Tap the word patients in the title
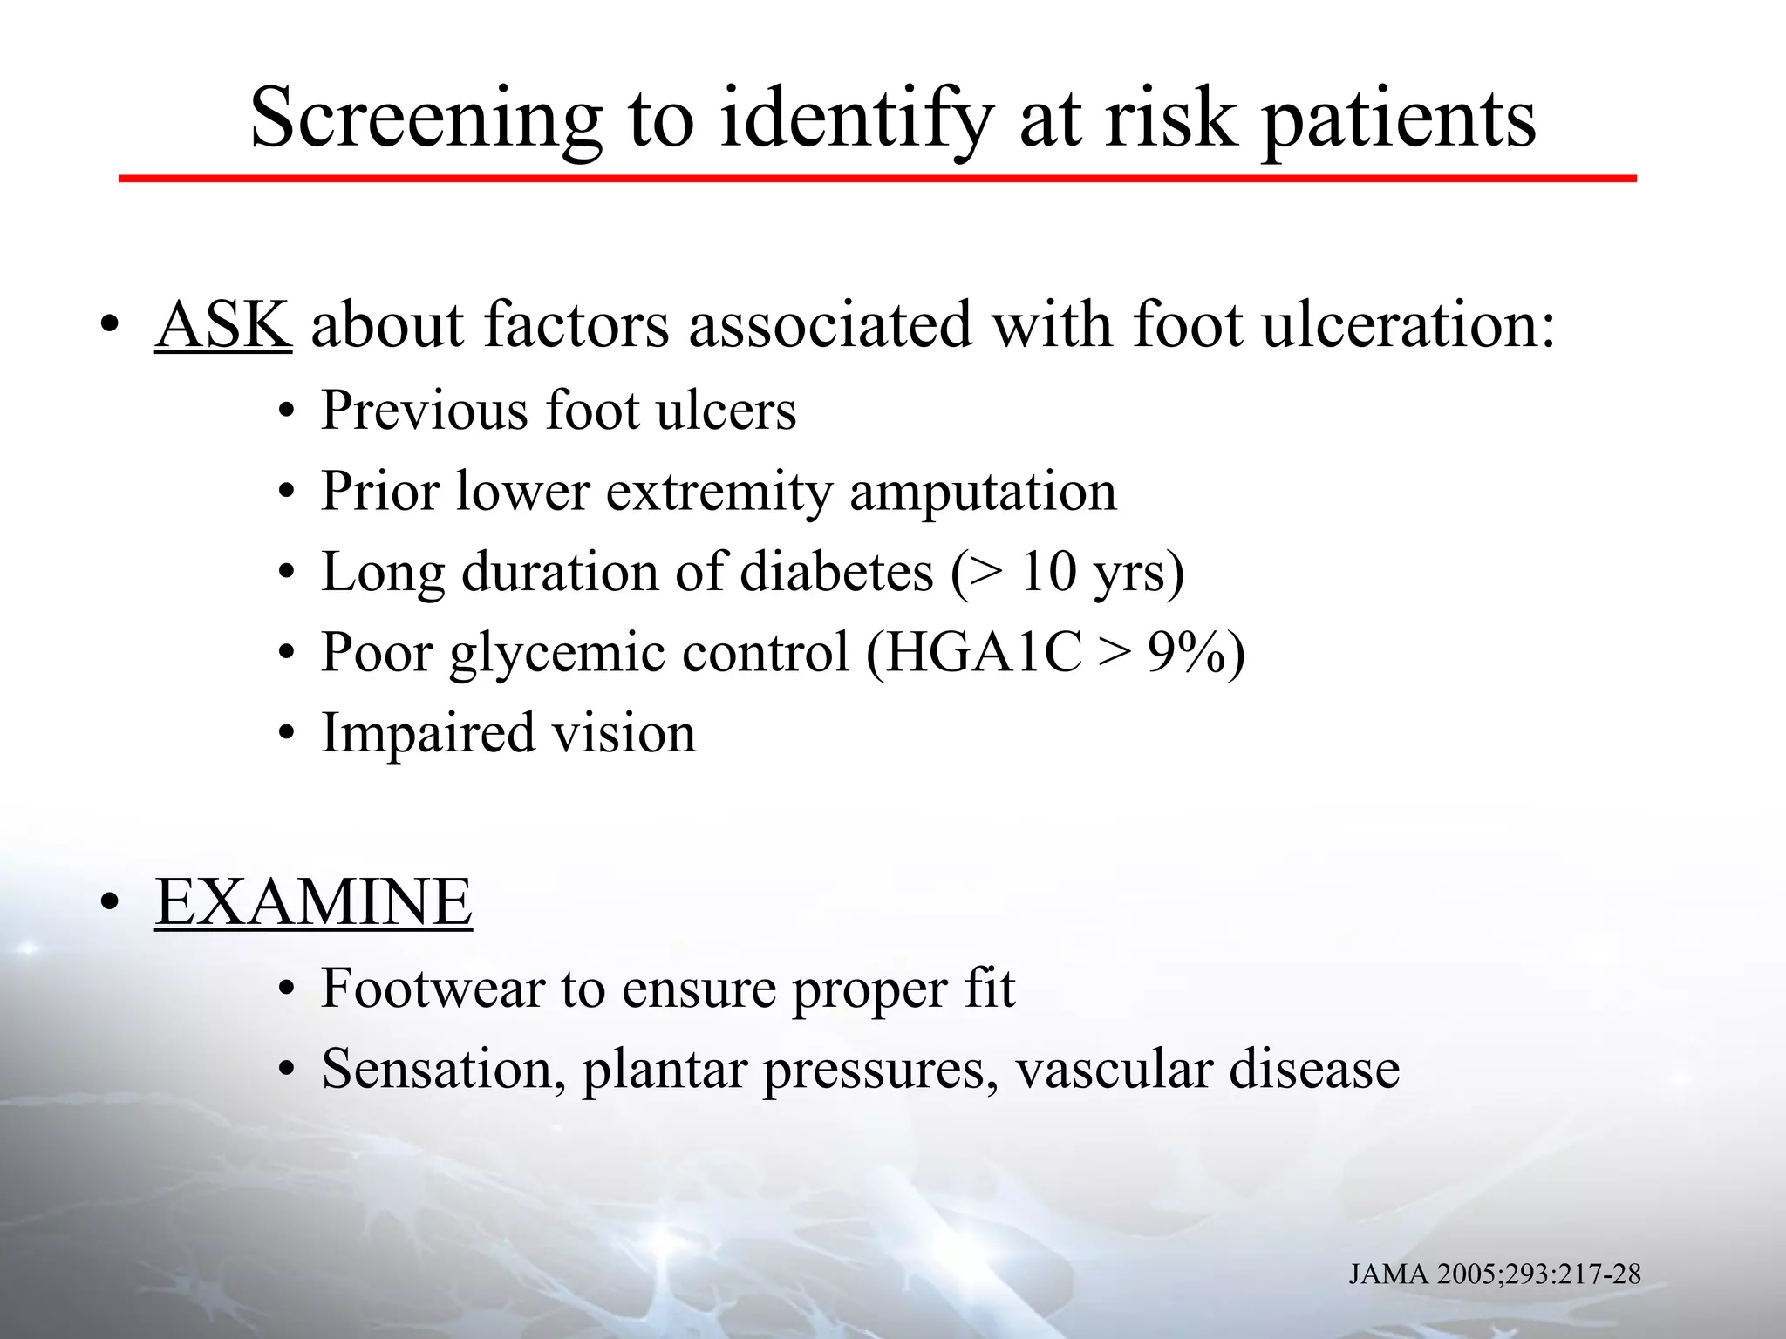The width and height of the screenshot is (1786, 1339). [1398, 120]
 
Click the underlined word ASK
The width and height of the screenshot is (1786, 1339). [222, 325]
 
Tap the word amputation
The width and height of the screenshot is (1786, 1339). [983, 492]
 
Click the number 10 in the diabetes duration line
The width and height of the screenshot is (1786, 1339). [1048, 573]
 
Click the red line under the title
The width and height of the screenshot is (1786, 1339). [877, 179]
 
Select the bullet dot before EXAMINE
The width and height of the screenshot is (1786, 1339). [108, 905]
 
